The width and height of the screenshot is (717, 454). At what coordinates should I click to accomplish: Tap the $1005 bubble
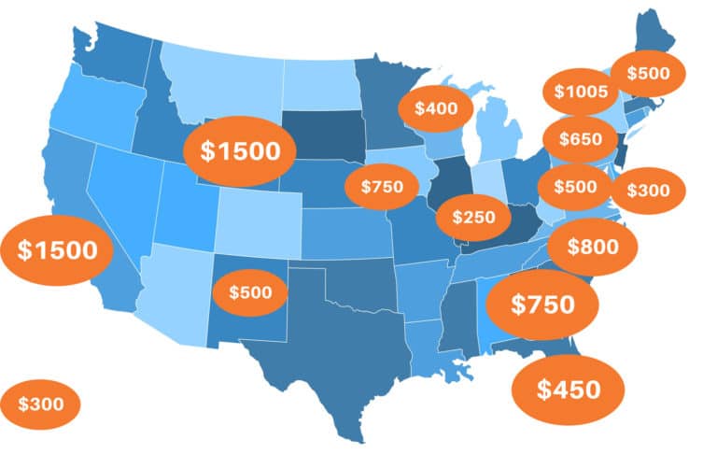coord(581,92)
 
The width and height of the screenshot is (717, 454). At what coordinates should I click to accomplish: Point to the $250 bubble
coord(472,217)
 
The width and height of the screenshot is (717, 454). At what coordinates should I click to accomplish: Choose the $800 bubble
coord(592,248)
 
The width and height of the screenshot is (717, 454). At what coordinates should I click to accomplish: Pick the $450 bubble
coord(568,390)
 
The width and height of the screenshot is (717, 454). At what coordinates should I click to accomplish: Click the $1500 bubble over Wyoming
coord(239,150)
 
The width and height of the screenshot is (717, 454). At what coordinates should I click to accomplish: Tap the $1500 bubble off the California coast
coord(57,249)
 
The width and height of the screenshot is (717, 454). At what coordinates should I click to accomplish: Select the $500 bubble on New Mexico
coord(250,292)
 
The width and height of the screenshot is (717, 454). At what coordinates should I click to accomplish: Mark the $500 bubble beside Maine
coord(647,73)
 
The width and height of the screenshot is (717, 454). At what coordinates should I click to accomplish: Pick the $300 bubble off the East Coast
coord(648,191)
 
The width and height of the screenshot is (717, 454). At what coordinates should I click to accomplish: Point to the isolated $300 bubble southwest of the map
coord(40,404)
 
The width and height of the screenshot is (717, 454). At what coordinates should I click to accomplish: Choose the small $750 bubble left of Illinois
coord(382,187)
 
